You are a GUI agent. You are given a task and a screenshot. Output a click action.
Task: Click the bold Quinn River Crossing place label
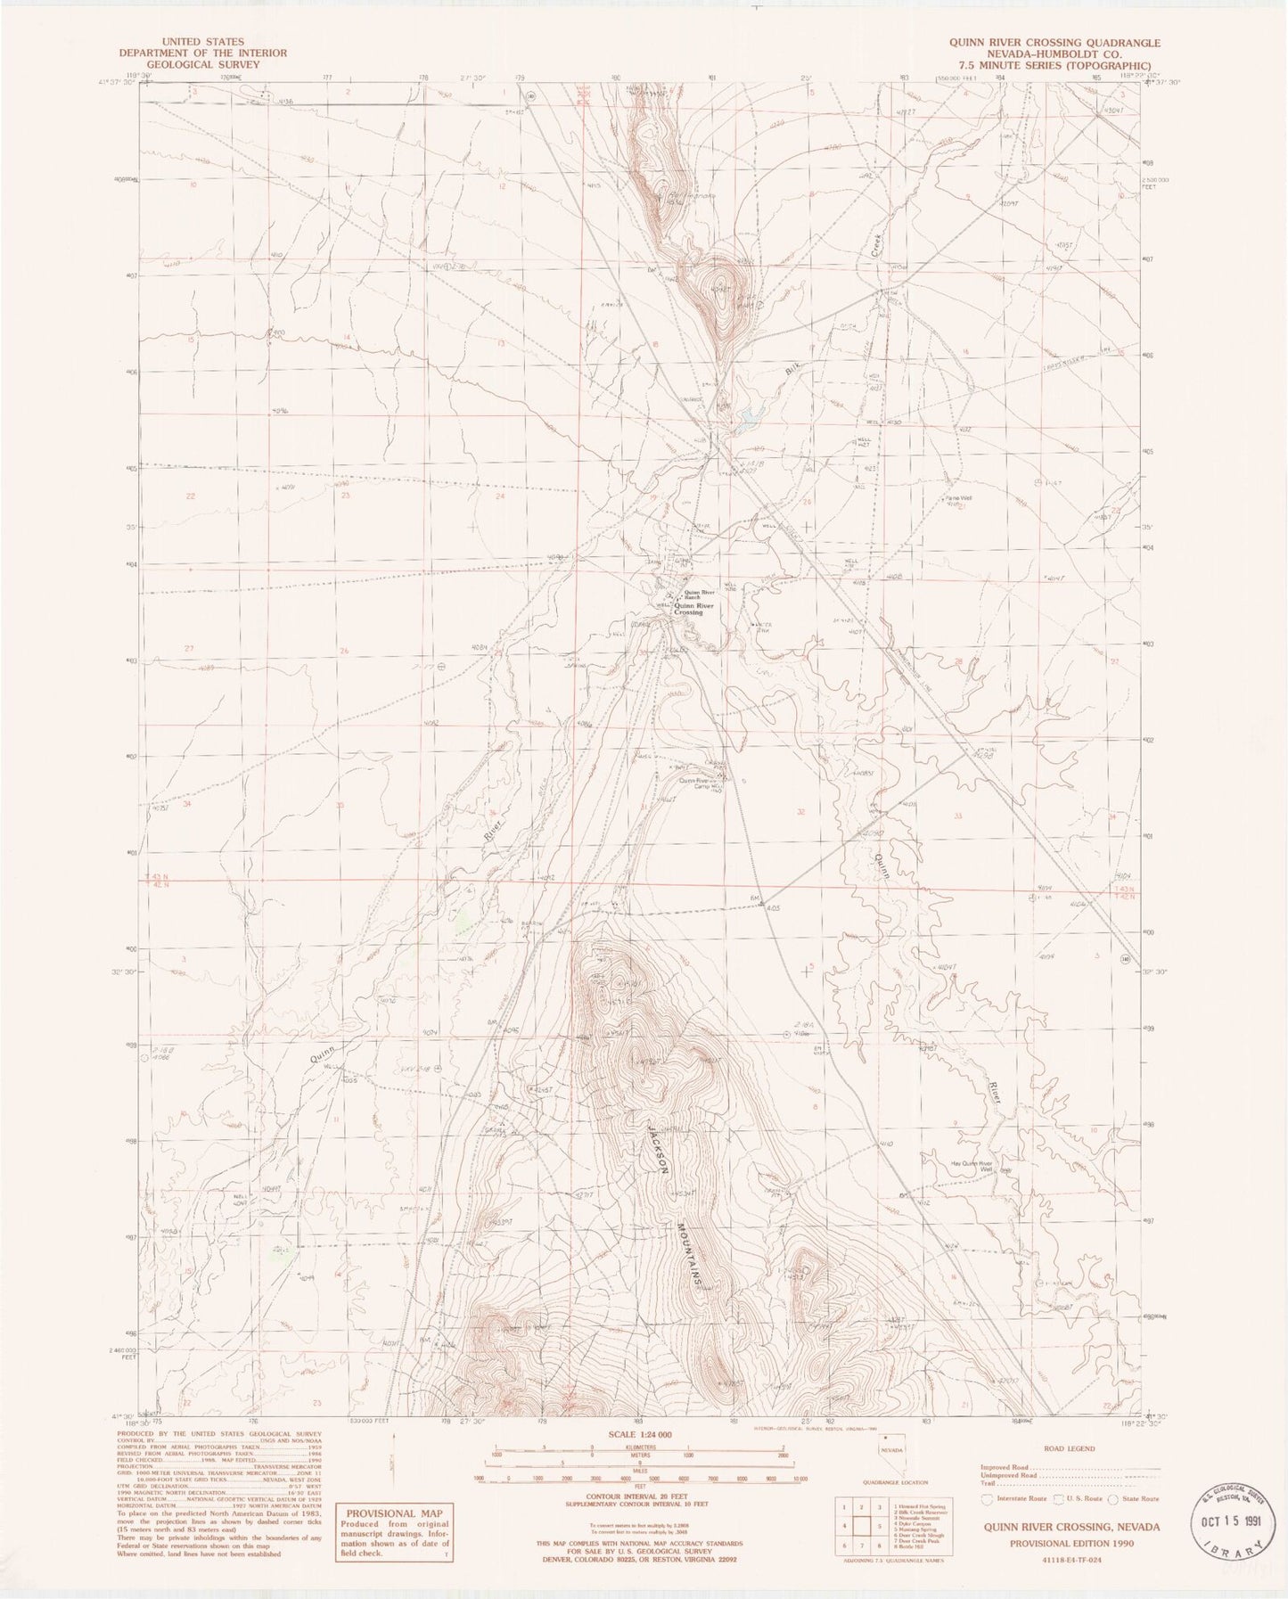point(685,609)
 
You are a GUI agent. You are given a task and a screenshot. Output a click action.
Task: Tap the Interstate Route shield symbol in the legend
point(986,1500)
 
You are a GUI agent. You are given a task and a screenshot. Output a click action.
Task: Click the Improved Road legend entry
point(1008,1467)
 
